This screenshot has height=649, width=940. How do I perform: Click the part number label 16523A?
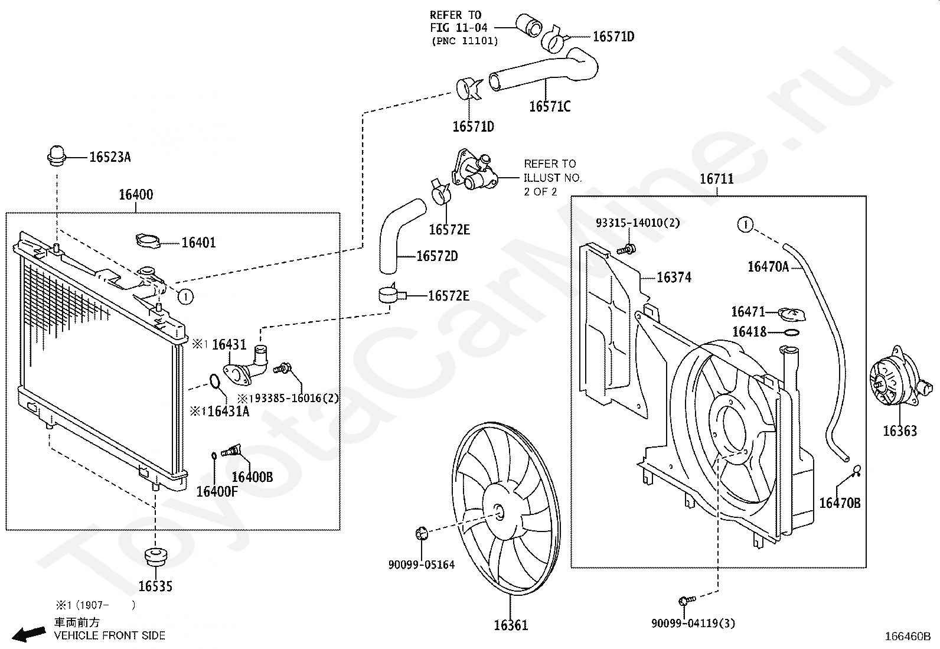click(x=110, y=157)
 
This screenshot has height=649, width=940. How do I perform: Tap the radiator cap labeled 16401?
click(x=148, y=242)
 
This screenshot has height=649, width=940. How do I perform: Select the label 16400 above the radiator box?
click(x=136, y=194)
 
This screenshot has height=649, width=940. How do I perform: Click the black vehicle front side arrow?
click(x=28, y=634)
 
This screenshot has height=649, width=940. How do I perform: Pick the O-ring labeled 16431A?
click(x=214, y=381)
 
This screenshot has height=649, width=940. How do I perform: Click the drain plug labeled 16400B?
click(x=231, y=449)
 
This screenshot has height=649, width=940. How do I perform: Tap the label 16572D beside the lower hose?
click(x=437, y=256)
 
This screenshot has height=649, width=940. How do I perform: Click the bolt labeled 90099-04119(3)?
click(x=687, y=601)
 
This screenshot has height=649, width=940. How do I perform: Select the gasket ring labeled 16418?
click(x=791, y=333)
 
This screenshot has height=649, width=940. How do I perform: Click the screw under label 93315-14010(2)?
click(x=627, y=249)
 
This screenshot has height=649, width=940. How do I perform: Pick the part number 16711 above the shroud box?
click(x=717, y=179)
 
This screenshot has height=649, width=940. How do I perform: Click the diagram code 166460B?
click(x=908, y=637)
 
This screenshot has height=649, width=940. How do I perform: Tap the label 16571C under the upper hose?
click(x=550, y=107)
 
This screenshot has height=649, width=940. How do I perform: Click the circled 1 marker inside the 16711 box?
click(x=745, y=224)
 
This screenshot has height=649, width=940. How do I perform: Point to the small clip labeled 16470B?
click(x=856, y=471)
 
